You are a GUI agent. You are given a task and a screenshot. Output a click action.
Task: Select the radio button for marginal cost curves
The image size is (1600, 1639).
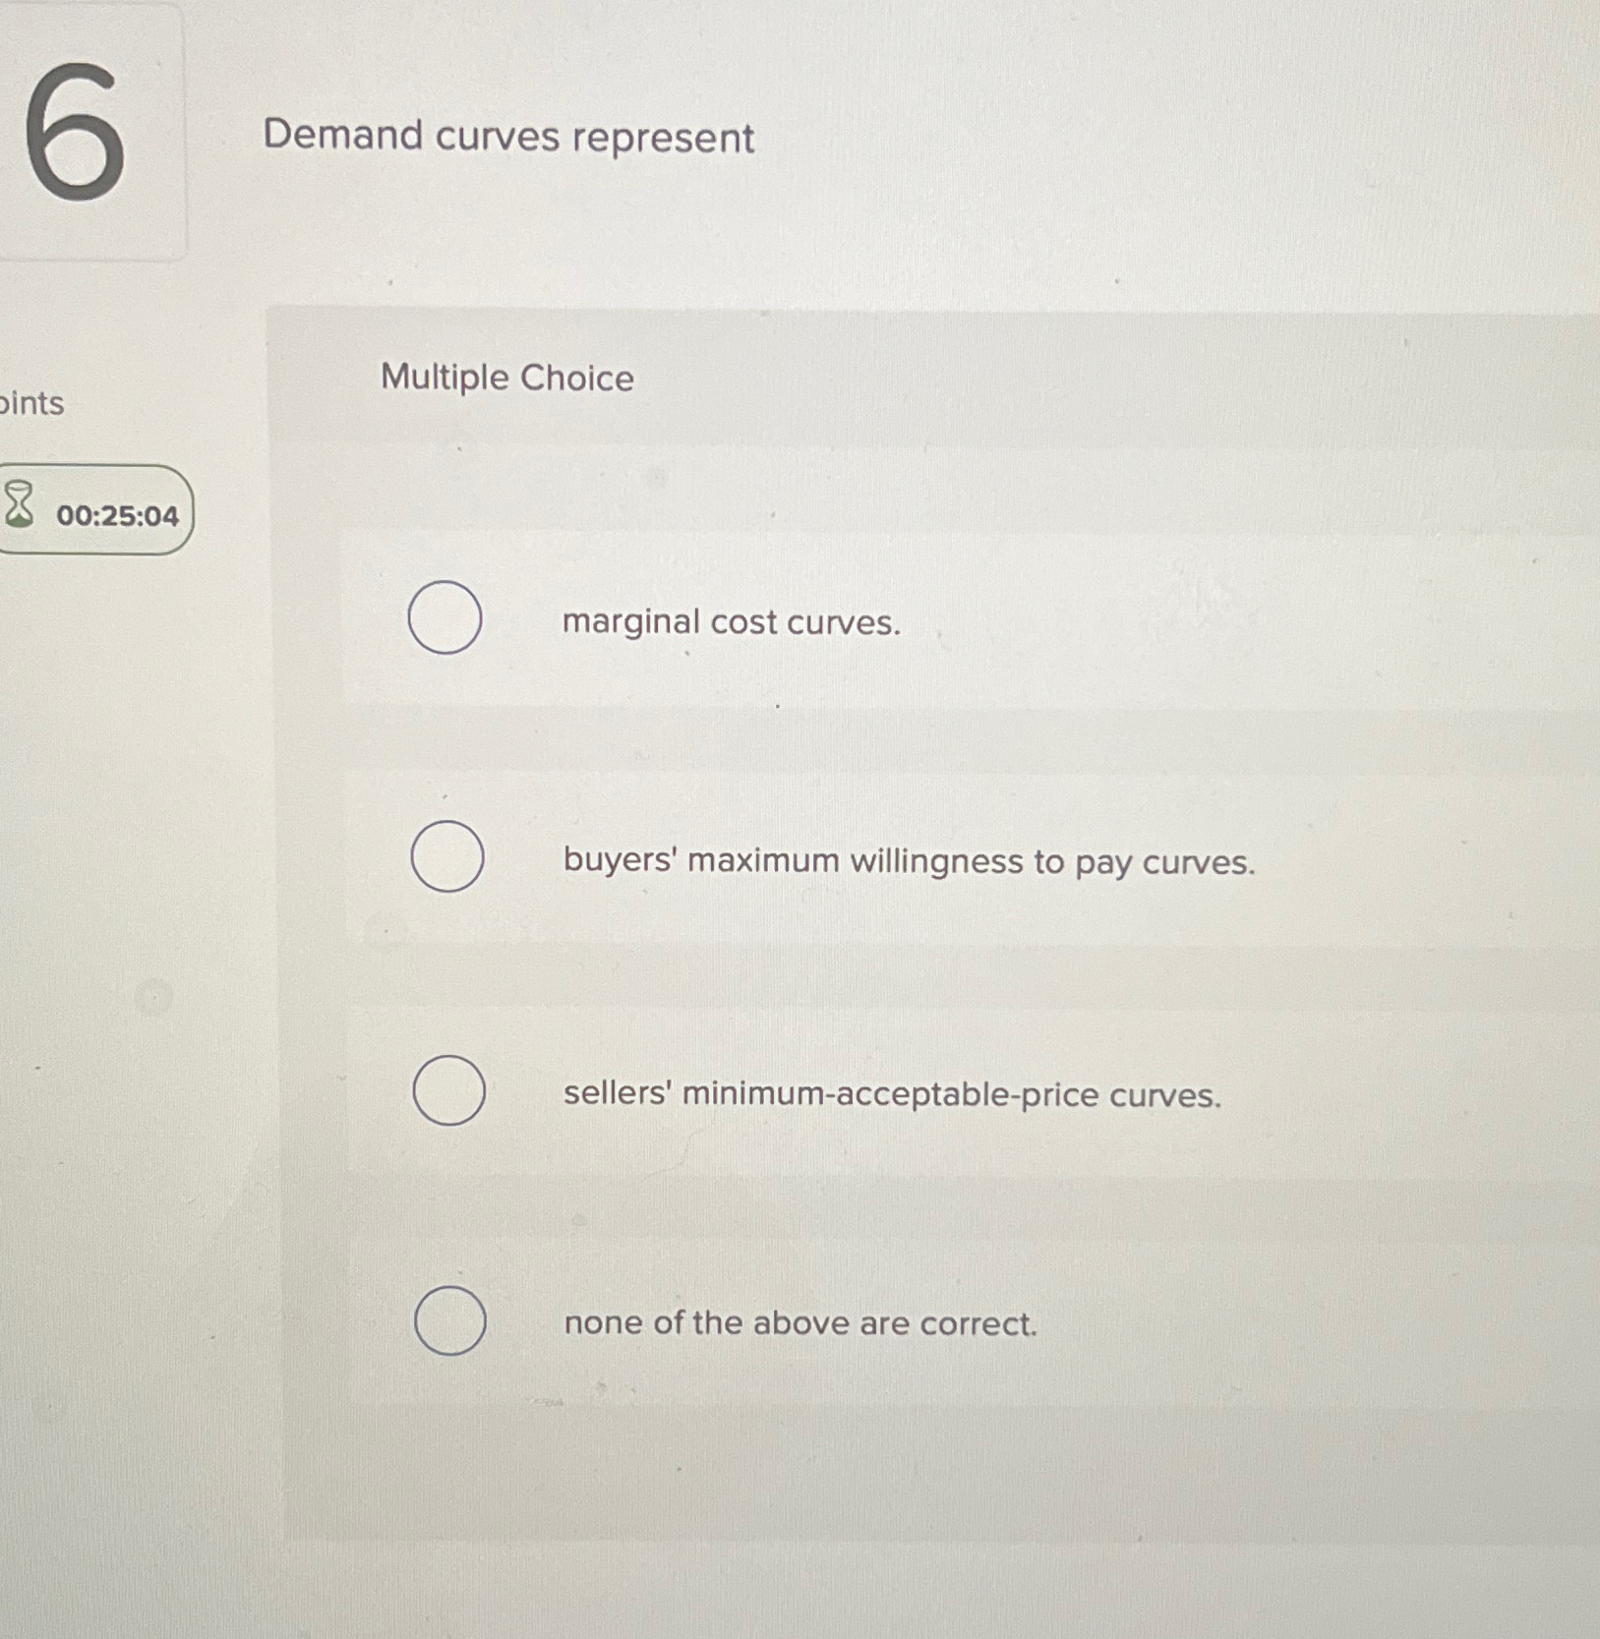(x=444, y=617)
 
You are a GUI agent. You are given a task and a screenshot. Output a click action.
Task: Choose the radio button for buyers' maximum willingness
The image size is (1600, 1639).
(x=447, y=856)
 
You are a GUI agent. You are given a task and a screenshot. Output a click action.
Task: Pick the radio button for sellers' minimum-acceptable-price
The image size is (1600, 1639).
(x=448, y=1090)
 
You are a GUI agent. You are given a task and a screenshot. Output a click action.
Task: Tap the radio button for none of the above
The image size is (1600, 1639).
(x=449, y=1320)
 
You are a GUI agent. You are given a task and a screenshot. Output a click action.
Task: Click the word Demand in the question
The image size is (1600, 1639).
(x=342, y=135)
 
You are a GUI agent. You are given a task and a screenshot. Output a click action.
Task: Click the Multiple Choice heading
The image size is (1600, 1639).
(x=506, y=378)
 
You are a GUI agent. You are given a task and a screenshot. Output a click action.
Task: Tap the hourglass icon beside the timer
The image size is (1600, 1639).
(x=19, y=504)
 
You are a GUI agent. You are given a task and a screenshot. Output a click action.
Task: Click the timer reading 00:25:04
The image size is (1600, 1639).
(x=117, y=516)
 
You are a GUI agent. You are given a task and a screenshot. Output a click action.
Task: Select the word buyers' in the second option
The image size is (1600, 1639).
(x=619, y=860)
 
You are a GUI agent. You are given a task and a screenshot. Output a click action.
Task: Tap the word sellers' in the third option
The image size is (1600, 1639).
(x=617, y=1093)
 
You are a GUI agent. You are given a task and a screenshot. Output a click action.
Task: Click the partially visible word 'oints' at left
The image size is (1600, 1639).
(x=31, y=403)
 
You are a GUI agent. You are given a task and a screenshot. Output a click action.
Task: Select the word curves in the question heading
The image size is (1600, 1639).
(x=497, y=137)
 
